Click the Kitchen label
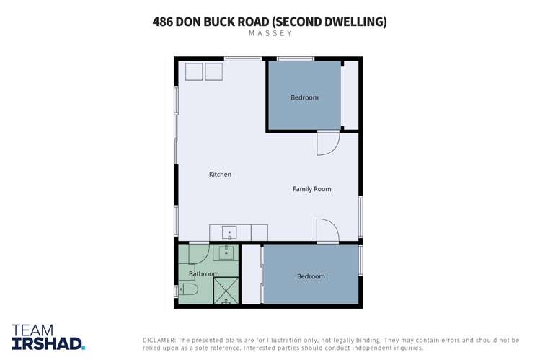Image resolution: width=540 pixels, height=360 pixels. (x=220, y=175)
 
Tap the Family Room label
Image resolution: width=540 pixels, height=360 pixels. (x=311, y=189)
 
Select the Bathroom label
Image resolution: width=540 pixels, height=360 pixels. (x=203, y=274)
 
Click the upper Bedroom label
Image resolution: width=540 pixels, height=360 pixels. (x=304, y=97)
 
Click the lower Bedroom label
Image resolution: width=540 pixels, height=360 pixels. (x=311, y=276)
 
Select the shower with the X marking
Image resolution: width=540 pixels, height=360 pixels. (x=226, y=291)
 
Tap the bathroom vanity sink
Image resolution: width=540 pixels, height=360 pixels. (x=226, y=253)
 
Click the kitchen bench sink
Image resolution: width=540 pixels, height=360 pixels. (x=229, y=233)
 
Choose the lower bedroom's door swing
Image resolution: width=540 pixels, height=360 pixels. (x=327, y=231)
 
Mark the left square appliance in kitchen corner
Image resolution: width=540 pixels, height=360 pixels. (x=194, y=71)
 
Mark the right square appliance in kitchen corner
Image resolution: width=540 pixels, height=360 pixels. (x=213, y=71)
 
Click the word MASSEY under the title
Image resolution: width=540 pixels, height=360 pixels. (x=270, y=33)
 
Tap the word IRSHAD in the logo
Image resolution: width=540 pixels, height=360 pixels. (x=48, y=343)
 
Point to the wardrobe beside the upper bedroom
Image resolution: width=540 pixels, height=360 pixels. (x=350, y=95)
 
